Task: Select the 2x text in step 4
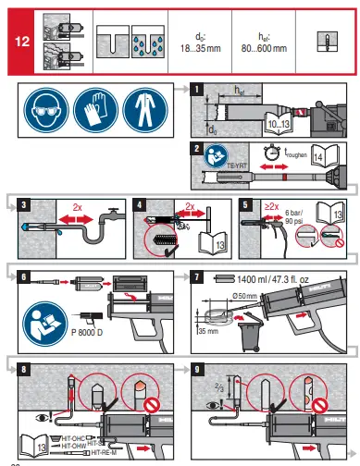pyautogui.click(x=189, y=205)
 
